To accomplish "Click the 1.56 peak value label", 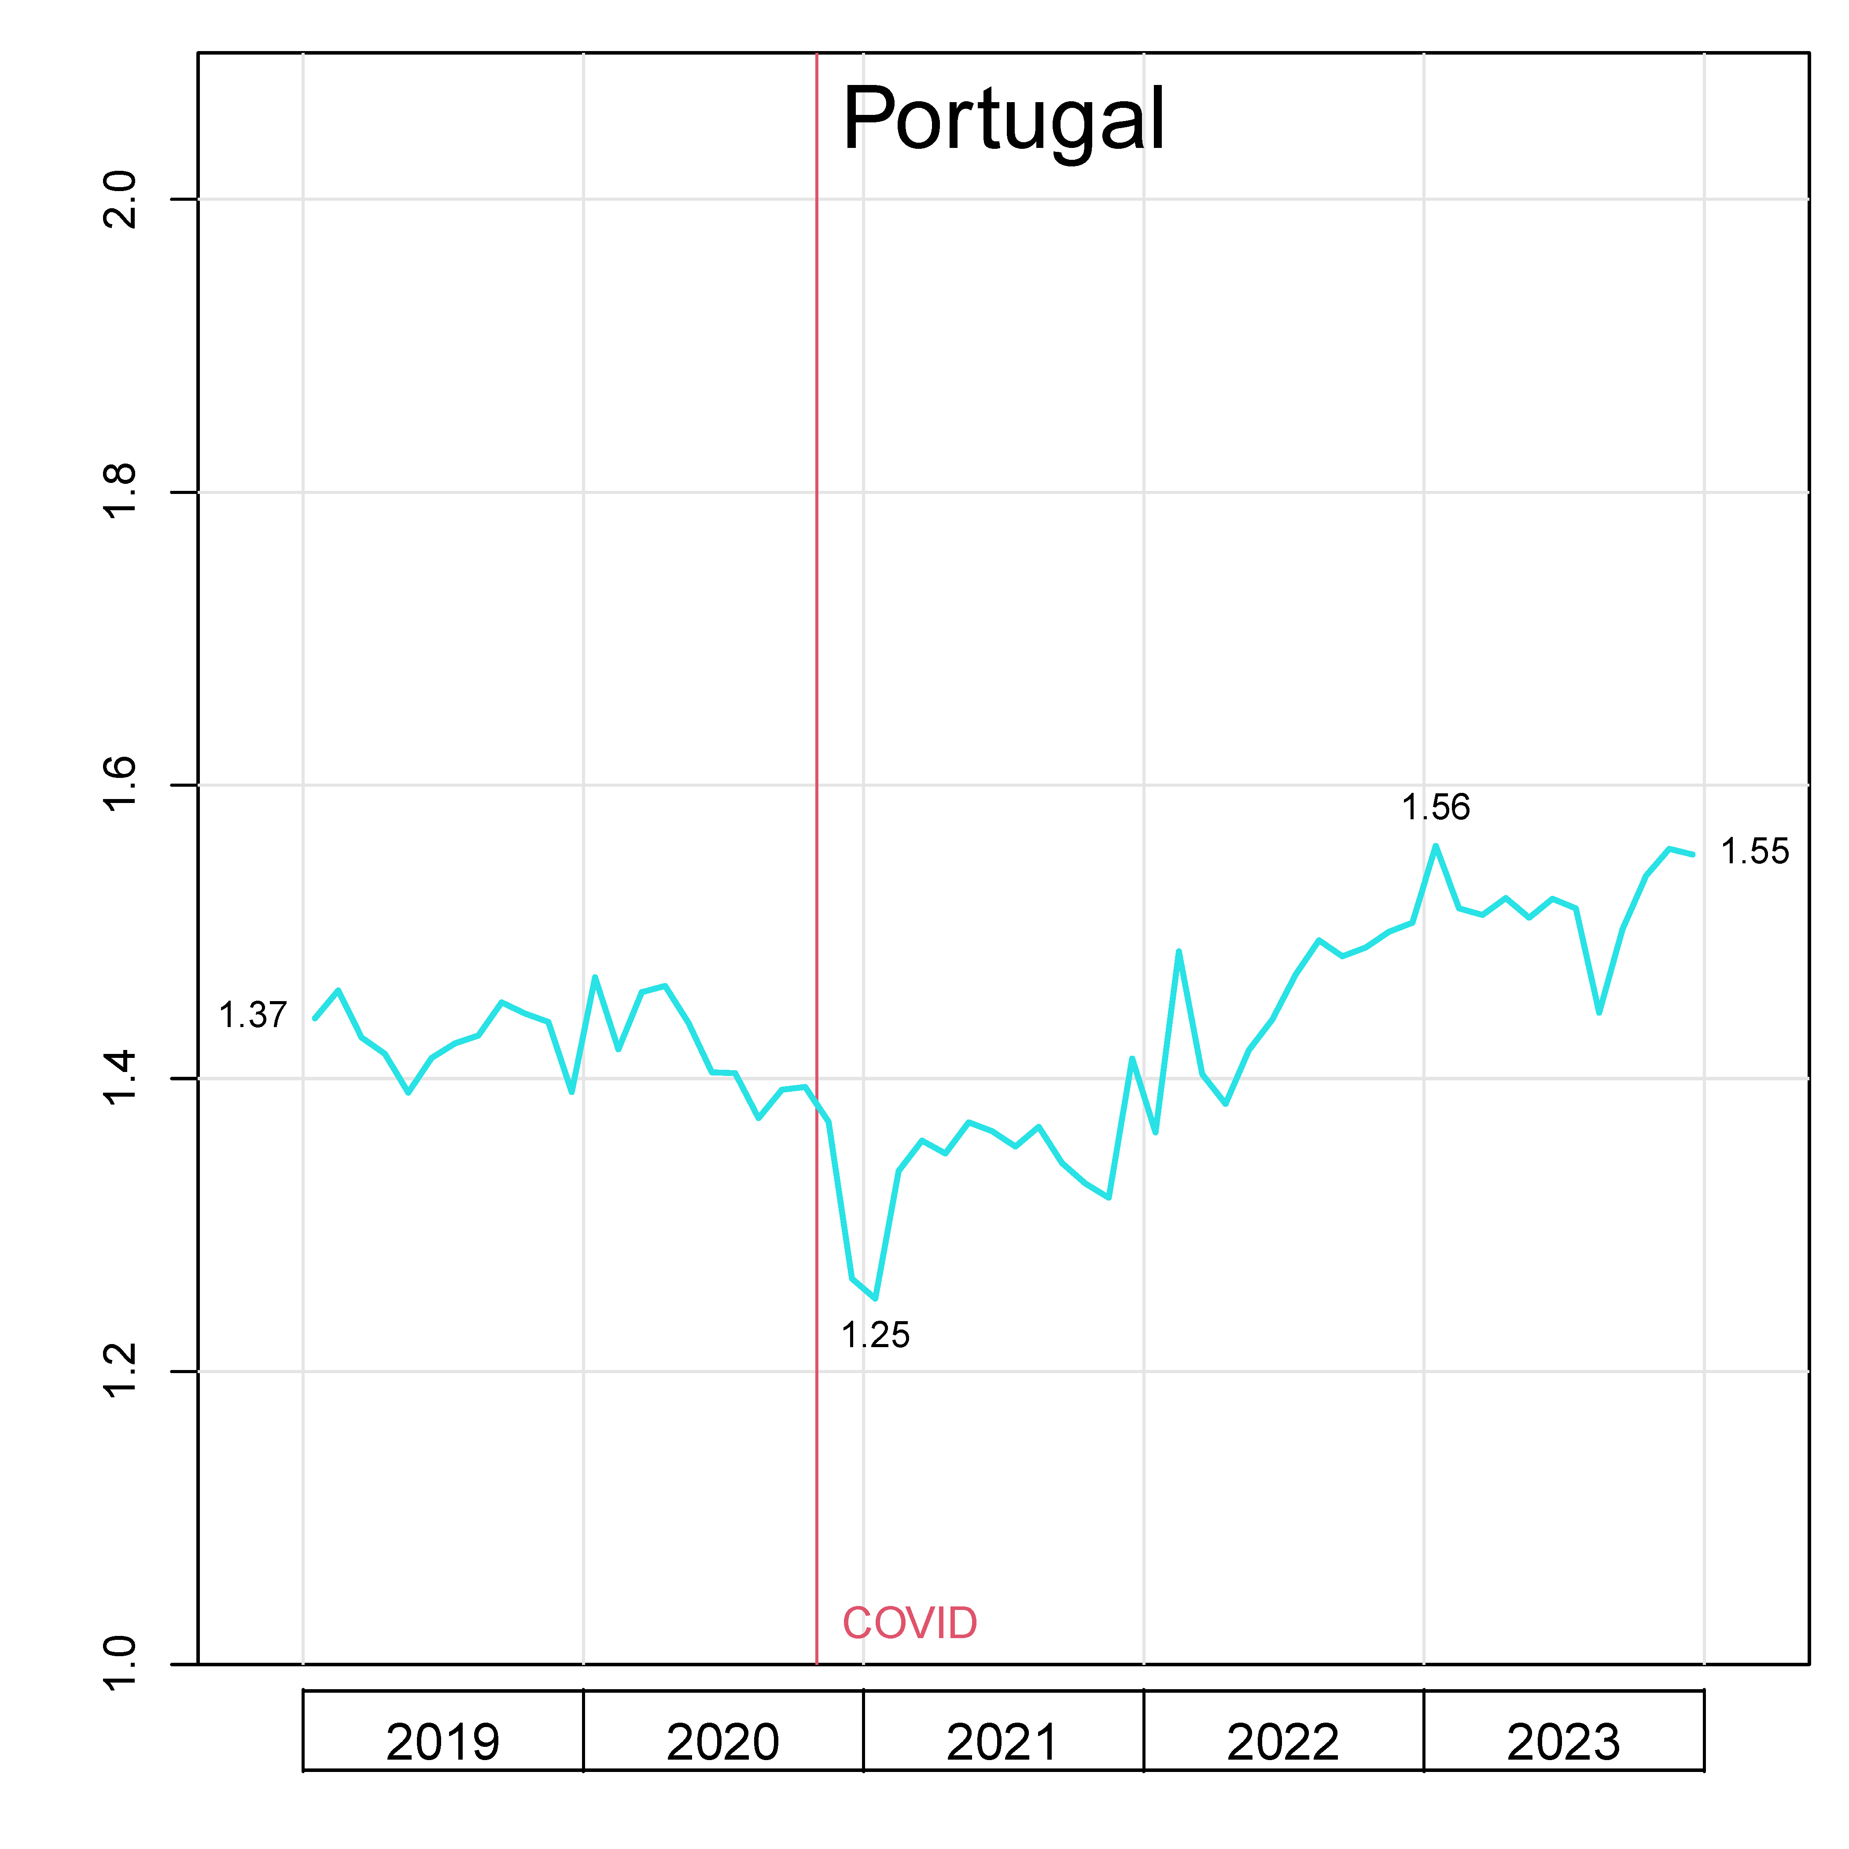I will tap(1436, 808).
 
